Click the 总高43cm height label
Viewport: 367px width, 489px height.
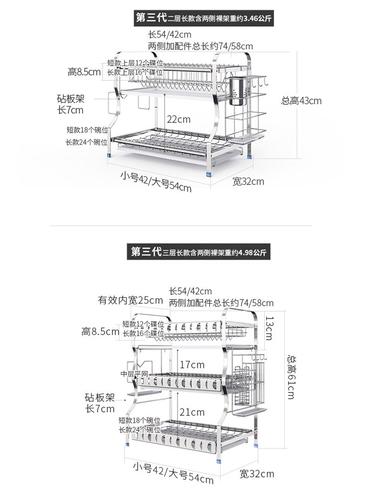coord(301,100)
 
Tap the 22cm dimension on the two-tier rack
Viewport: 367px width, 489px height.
coord(178,119)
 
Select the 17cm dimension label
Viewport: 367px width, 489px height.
coord(192,365)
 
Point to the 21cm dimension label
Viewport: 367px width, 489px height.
coord(192,412)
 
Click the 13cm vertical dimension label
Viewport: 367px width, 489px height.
coord(269,327)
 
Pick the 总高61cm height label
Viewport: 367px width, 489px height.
coord(291,377)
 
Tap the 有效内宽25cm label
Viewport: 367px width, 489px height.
coord(130,300)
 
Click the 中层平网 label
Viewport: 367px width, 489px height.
coord(134,374)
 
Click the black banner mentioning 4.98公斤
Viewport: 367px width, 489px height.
coord(198,253)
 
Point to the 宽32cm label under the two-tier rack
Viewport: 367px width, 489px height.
coord(248,181)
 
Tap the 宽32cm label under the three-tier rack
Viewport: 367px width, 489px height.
coord(257,474)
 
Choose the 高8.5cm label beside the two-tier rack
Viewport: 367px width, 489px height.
coord(84,72)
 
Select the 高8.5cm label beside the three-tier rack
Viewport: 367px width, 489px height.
coord(100,332)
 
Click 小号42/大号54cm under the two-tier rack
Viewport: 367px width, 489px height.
coord(156,182)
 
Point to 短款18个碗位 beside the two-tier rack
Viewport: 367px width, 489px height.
coord(87,130)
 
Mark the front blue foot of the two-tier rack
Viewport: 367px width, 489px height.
coord(209,175)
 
